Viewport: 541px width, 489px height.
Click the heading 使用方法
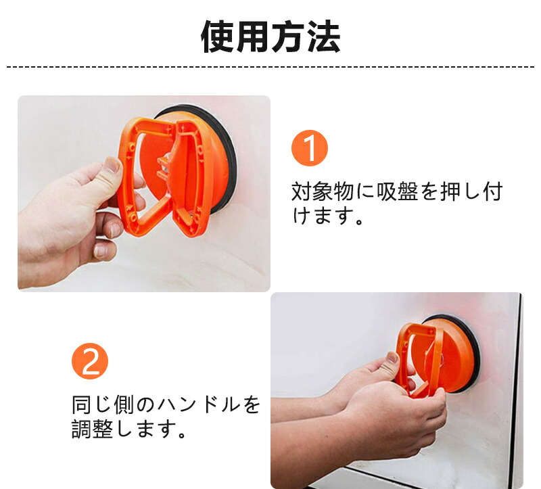pyautogui.click(x=271, y=37)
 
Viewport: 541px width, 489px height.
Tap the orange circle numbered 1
pyautogui.click(x=310, y=148)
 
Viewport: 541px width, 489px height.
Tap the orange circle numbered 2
pyautogui.click(x=90, y=361)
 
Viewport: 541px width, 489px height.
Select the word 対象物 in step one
pyautogui.click(x=323, y=191)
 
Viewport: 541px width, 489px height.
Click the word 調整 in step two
pyautogui.click(x=92, y=429)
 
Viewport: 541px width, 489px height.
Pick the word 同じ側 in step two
pyautogui.click(x=103, y=404)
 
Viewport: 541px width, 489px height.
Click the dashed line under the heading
pyautogui.click(x=270, y=66)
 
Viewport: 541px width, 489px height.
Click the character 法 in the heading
pyautogui.click(x=325, y=37)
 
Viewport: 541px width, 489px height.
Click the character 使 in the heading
pyautogui.click(x=217, y=37)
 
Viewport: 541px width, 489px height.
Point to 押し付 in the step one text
pyautogui.click(x=471, y=191)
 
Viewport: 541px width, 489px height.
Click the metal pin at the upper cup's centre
pyautogui.click(x=164, y=166)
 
